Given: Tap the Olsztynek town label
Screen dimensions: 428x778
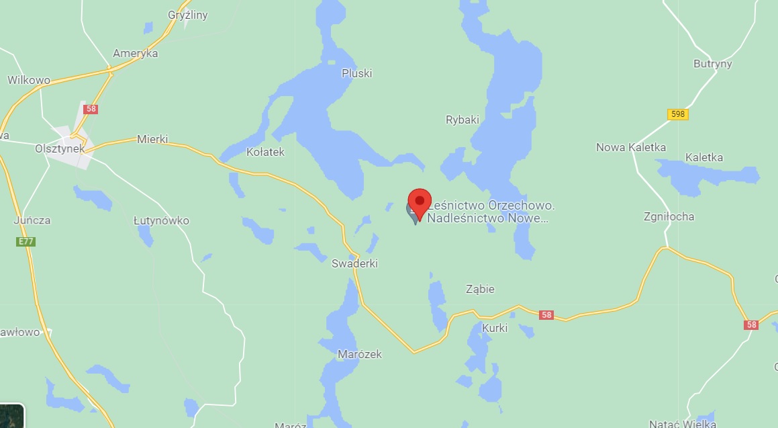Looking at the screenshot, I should click(x=60, y=149).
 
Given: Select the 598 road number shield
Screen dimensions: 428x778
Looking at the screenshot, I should click(x=678, y=114).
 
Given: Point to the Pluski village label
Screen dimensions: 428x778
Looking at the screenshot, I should click(x=356, y=73).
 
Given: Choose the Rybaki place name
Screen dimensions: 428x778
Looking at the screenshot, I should click(x=463, y=120).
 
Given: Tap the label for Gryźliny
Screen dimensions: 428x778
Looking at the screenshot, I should click(x=187, y=15).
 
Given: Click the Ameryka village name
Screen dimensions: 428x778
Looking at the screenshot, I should click(x=135, y=53).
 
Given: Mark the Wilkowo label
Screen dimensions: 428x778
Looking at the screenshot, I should click(x=29, y=80).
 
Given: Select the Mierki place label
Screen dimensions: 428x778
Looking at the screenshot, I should click(x=152, y=139).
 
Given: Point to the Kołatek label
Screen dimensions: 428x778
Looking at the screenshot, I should click(x=265, y=152).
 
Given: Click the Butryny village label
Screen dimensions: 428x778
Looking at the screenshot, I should click(x=712, y=64).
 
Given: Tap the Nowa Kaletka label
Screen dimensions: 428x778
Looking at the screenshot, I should click(x=631, y=147).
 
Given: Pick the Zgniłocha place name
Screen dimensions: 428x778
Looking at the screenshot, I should click(x=669, y=216).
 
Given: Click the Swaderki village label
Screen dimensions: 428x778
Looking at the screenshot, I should click(x=354, y=263).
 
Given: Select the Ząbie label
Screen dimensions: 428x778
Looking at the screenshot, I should click(x=480, y=289).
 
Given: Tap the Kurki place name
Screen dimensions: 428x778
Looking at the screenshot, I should click(x=495, y=328).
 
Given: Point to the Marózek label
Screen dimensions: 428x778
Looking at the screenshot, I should click(x=359, y=354).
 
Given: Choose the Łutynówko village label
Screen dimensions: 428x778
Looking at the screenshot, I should click(x=161, y=220).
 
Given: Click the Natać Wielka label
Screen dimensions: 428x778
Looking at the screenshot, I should click(x=682, y=423).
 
